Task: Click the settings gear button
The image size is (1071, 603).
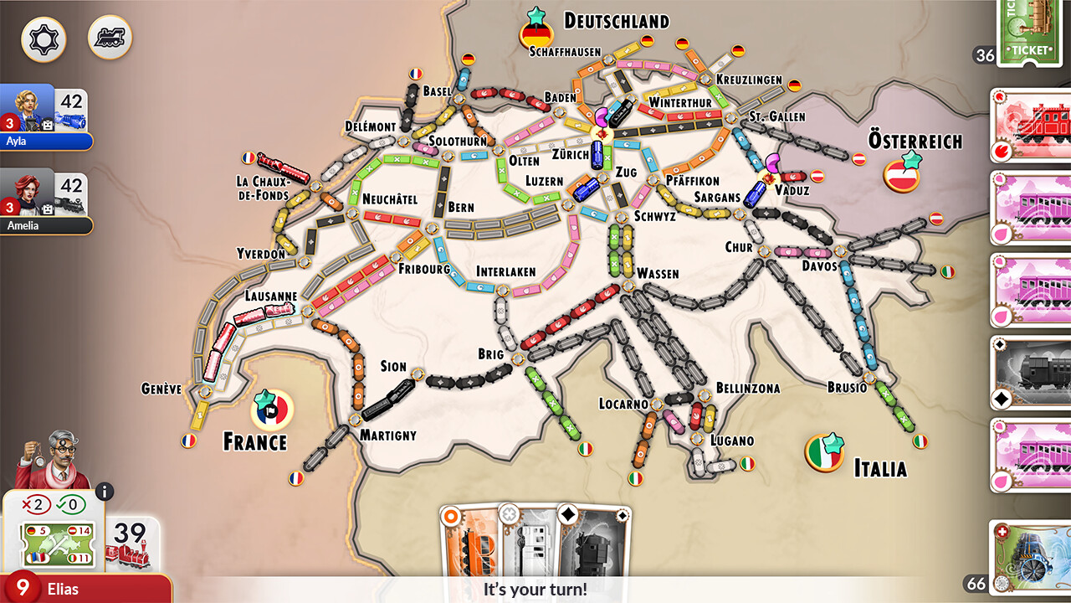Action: click(44, 39)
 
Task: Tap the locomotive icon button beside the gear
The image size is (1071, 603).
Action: click(110, 38)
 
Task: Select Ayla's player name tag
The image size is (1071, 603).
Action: click(46, 142)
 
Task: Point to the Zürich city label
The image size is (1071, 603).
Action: click(571, 154)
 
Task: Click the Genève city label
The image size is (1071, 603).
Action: click(161, 389)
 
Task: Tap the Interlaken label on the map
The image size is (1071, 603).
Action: click(506, 271)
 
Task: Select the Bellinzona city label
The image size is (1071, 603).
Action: click(747, 388)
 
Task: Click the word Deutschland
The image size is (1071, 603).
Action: click(617, 21)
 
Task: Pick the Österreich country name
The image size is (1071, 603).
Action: click(915, 140)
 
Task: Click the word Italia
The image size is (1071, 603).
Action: click(880, 467)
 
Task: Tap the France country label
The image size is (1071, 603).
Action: click(254, 441)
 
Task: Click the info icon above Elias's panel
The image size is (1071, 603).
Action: click(105, 492)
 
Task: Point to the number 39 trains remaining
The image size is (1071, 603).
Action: click(131, 533)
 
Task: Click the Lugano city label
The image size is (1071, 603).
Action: click(732, 441)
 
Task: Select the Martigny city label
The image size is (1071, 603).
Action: click(388, 435)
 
